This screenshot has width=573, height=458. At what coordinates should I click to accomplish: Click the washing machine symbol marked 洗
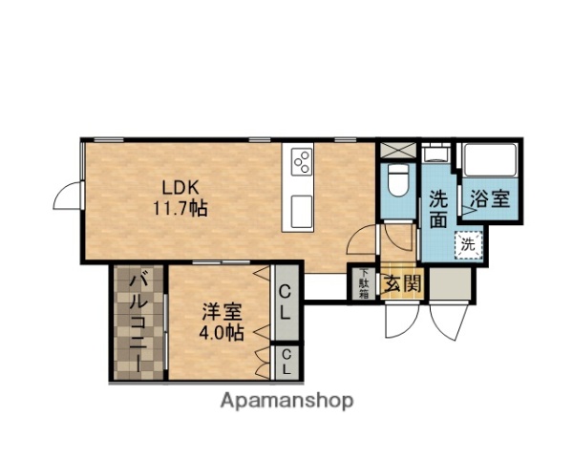coord(468,243)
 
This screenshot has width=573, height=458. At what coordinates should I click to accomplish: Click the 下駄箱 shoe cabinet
coord(364,282)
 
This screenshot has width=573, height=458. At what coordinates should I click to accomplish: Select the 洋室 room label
coord(221,311)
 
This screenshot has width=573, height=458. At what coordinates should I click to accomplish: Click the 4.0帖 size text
coord(221,333)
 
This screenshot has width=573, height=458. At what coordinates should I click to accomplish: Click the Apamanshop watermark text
coord(286,402)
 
